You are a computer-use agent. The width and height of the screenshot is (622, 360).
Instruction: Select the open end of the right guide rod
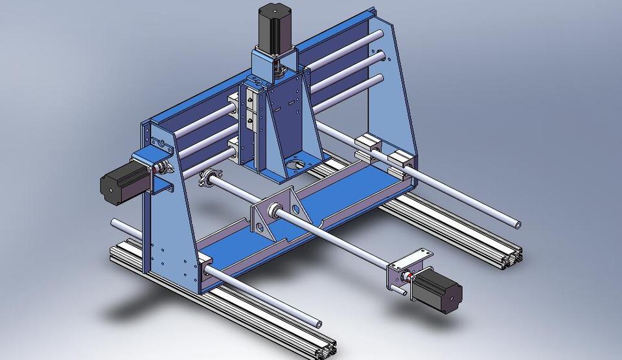[x=517, y=225]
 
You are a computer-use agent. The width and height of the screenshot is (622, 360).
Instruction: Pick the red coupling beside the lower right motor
[x=407, y=278]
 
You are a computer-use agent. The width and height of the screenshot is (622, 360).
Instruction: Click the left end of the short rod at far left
[x=114, y=223]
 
